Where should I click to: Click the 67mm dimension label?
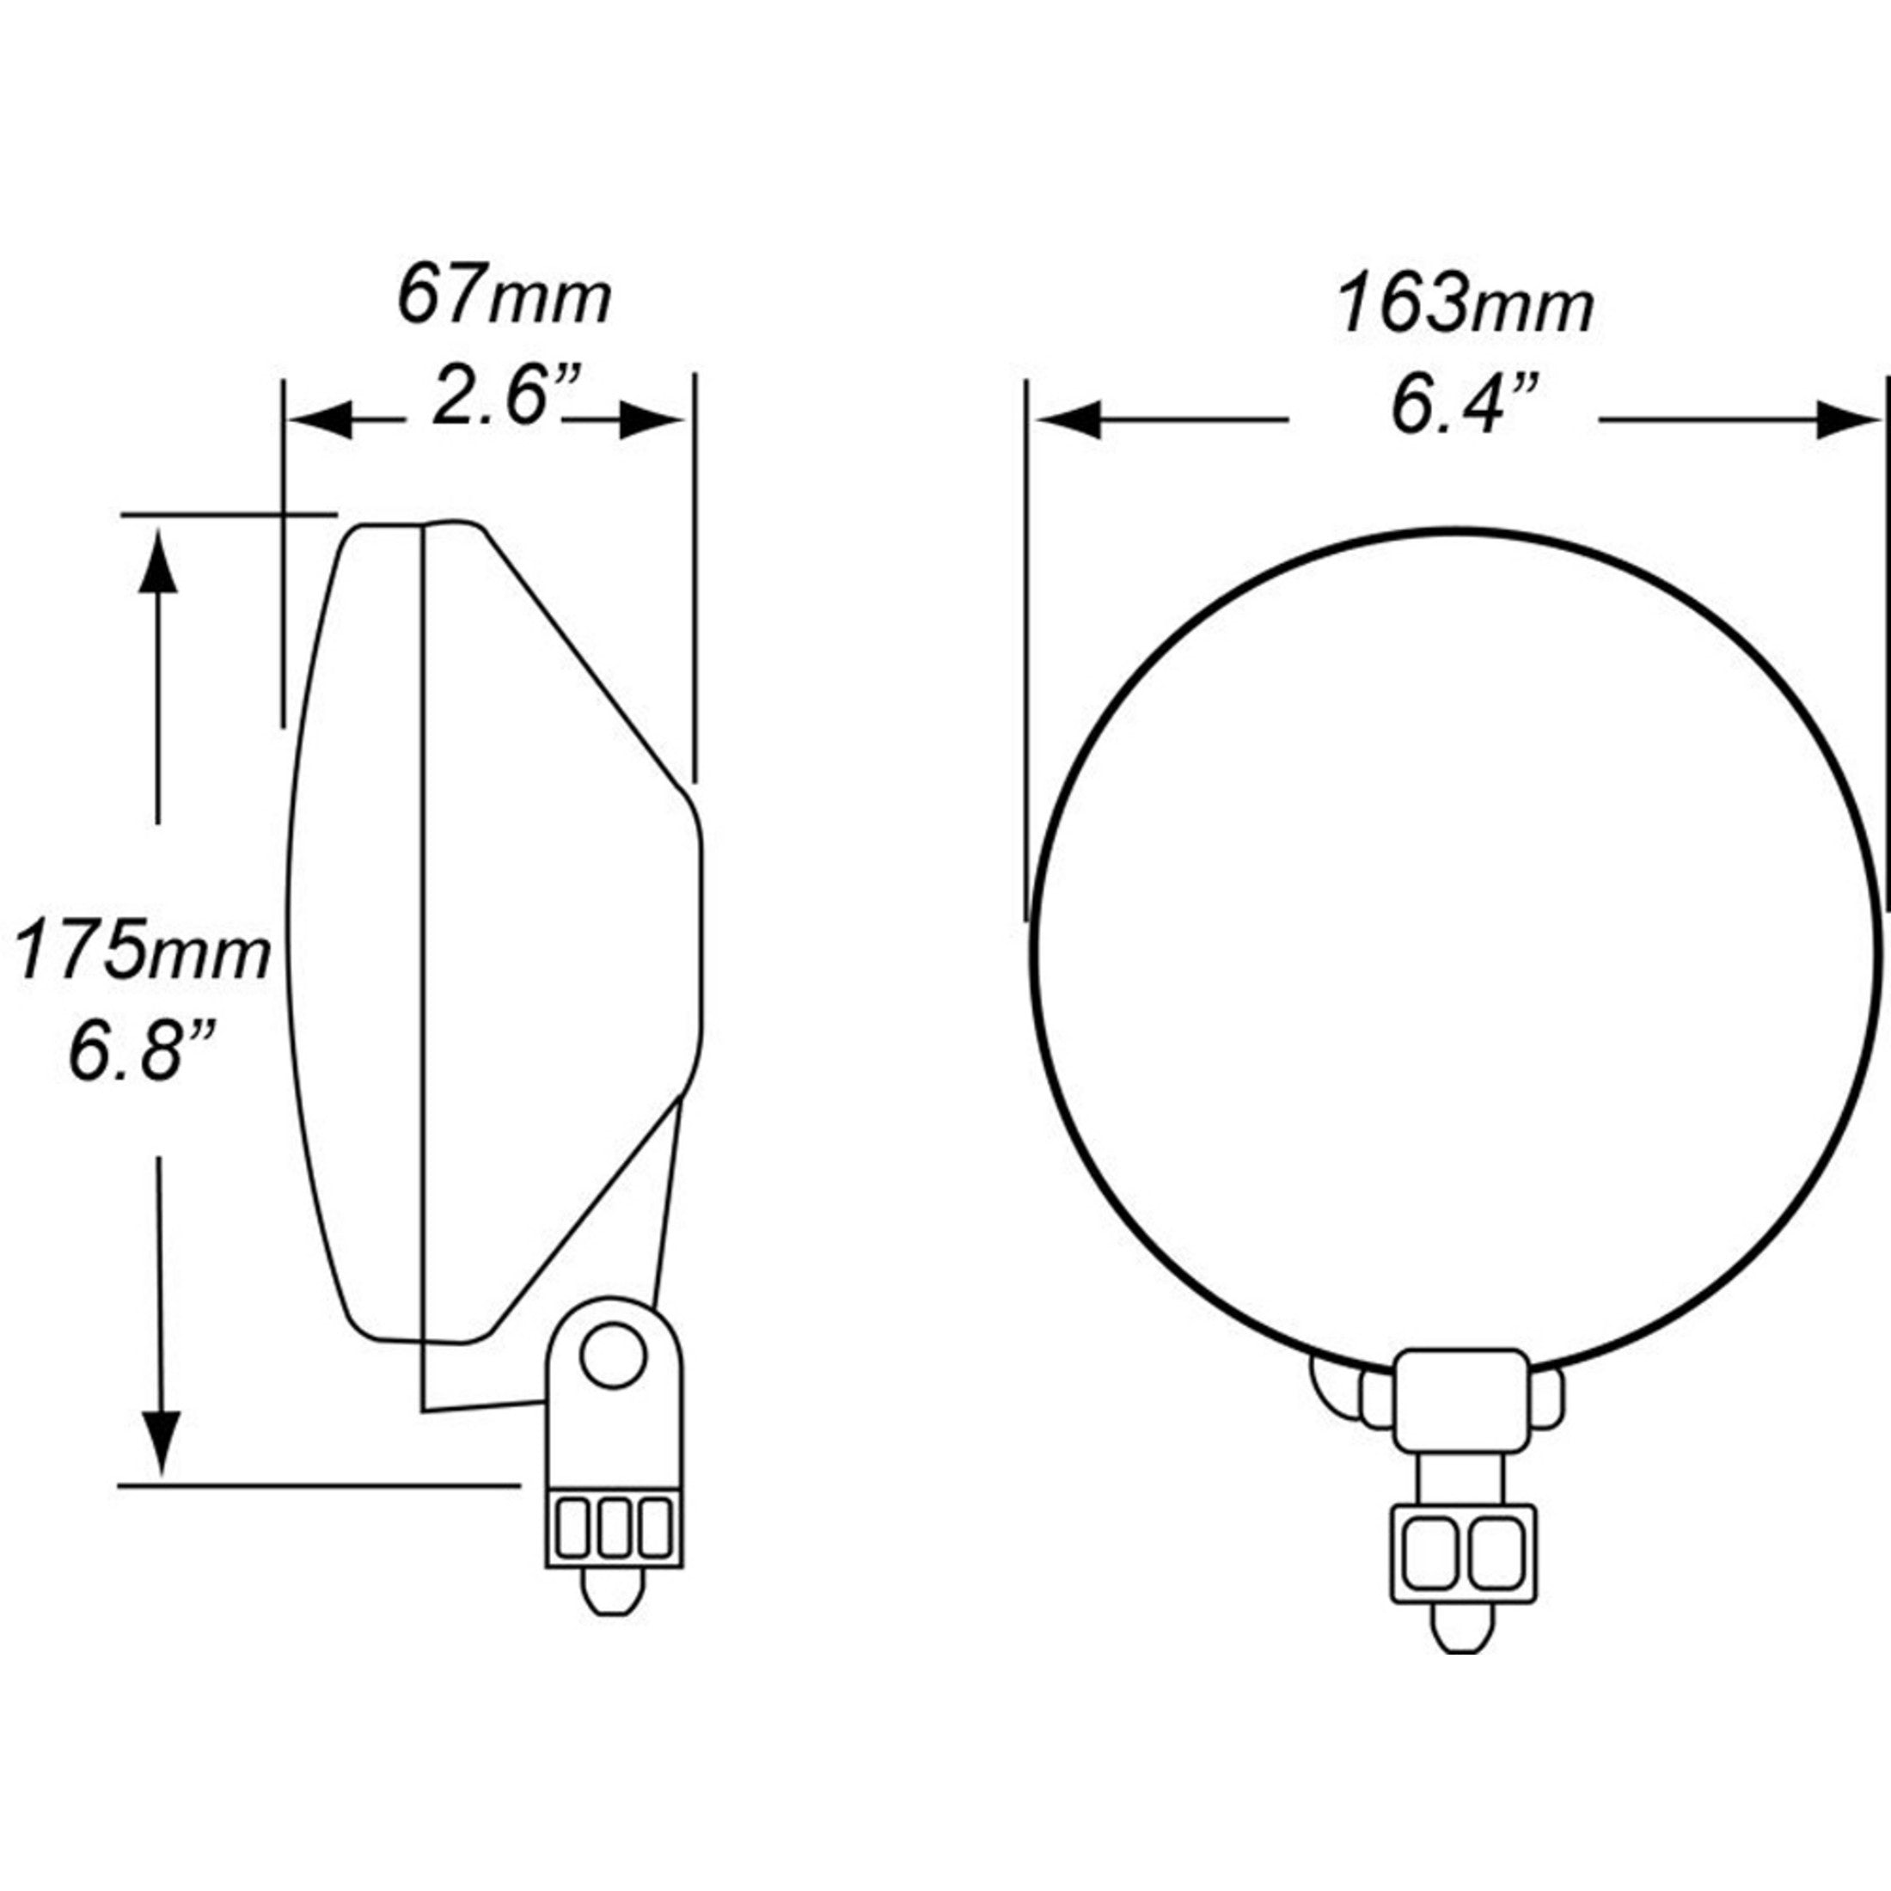coord(504,298)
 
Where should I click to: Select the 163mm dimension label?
coord(1466,305)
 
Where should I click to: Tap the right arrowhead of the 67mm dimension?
coord(651,421)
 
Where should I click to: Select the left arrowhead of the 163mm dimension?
coord(1068,421)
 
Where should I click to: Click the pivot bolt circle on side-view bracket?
coord(613,1356)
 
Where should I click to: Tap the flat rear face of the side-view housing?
coord(701,939)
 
